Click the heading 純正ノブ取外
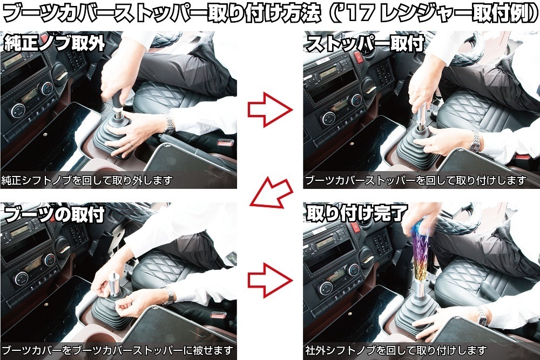[55, 44]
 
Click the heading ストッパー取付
[365, 44]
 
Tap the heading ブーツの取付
[55, 214]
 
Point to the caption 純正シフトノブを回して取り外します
[87, 180]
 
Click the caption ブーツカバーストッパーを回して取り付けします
[416, 180]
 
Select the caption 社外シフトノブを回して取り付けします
[396, 351]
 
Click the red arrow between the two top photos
[269, 110]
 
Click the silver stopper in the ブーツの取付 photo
[114, 284]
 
